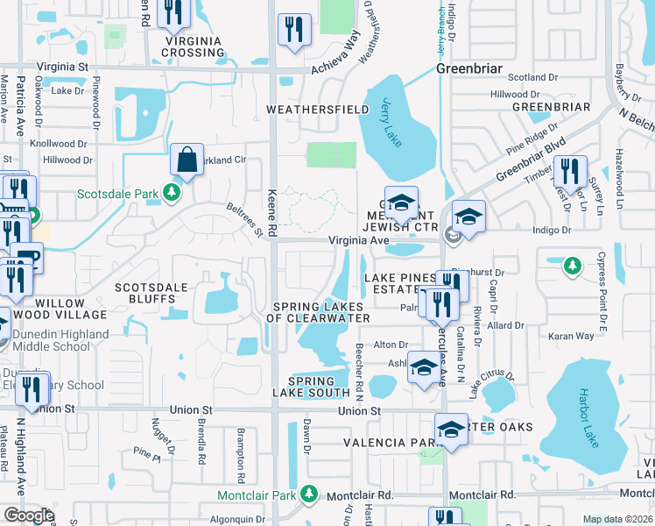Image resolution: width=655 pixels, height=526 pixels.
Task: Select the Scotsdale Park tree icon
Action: tap(173, 192)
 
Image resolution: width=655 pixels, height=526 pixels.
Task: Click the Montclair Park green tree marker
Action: tap(308, 494)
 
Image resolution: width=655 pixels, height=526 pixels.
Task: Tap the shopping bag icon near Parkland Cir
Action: tap(187, 160)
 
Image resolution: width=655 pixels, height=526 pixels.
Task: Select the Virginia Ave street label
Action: tap(357, 239)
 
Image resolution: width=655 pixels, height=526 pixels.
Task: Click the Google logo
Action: tap(29, 515)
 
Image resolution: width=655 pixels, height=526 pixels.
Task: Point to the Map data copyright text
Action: tap(617, 519)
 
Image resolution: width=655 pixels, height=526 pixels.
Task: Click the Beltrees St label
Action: tap(245, 218)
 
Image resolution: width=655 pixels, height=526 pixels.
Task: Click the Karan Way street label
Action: tap(571, 336)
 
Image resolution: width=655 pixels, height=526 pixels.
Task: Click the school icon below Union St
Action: tap(452, 430)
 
